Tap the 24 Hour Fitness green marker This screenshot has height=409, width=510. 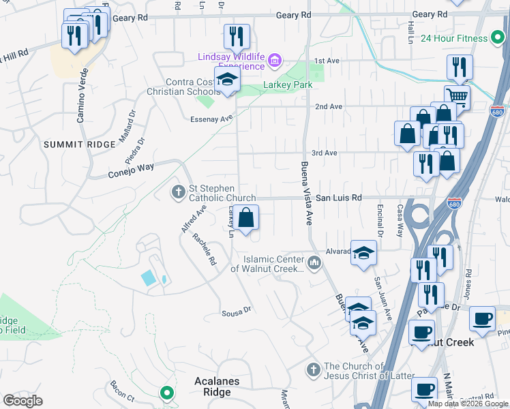point(499,38)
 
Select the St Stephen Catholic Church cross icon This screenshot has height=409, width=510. point(179,193)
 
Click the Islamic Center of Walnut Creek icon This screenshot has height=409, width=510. point(314,262)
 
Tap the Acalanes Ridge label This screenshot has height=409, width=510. point(217,387)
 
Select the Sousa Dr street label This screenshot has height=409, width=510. point(237,313)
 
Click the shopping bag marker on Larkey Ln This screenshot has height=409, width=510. point(247,219)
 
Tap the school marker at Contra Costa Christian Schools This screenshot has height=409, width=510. point(228,81)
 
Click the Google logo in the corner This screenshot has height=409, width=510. point(23,401)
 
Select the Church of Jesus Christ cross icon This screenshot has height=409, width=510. point(314,370)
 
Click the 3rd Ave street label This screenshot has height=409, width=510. point(325,153)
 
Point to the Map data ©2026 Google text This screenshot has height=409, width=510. point(468,404)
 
